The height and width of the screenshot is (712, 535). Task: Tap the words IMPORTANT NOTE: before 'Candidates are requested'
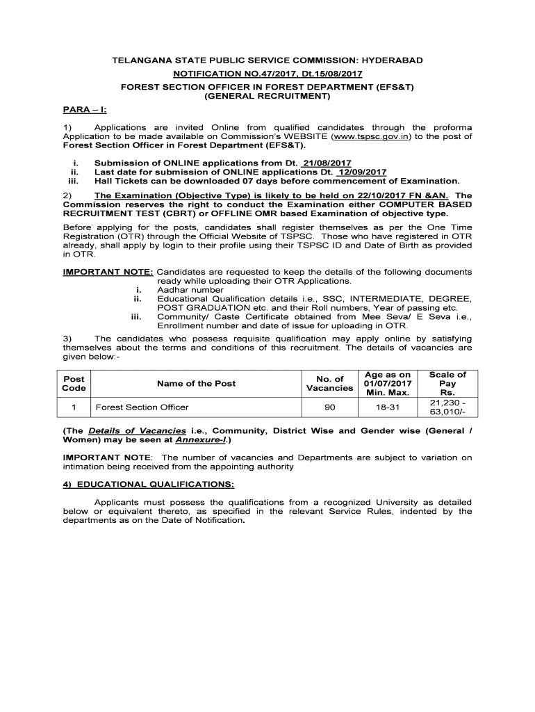108,272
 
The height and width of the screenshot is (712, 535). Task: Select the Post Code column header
74,383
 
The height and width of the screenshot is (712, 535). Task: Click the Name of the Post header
196,383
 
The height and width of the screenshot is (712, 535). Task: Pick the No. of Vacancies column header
329,383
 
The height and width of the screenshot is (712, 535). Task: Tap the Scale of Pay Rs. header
447,383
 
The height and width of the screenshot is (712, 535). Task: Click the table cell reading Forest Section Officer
142,407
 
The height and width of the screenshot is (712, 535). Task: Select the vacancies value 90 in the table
329,407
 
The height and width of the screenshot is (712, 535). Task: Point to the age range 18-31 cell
388,407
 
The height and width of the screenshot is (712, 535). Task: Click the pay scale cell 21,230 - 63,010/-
447,407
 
